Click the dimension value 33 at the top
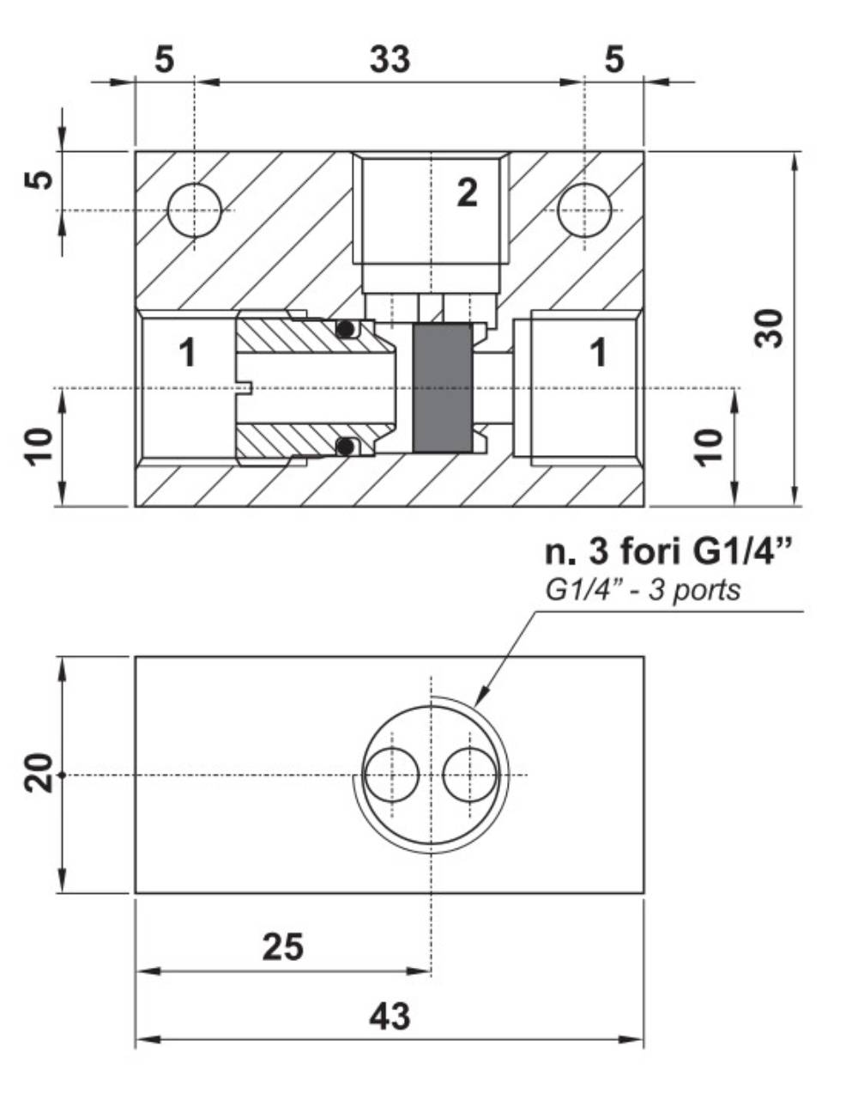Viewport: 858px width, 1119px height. [390, 60]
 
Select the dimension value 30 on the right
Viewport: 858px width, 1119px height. [770, 327]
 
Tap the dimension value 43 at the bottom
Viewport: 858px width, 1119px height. [390, 1016]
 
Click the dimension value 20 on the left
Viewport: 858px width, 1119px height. [39, 774]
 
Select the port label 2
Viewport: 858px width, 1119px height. [467, 192]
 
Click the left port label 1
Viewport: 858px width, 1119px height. [187, 352]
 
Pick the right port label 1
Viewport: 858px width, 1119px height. [599, 352]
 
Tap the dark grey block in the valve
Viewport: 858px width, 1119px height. [442, 388]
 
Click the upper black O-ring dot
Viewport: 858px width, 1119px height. [346, 329]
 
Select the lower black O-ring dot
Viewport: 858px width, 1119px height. [346, 447]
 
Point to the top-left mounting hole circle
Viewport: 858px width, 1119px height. [195, 210]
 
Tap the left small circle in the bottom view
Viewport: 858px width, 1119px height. [391, 775]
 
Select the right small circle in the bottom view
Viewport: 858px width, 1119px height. [470, 775]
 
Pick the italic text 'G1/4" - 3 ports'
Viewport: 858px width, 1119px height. [642, 591]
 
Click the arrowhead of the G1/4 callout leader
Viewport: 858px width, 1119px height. [481, 697]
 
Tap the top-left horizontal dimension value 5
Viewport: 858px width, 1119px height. [166, 60]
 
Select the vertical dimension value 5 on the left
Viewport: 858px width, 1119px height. [39, 179]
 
